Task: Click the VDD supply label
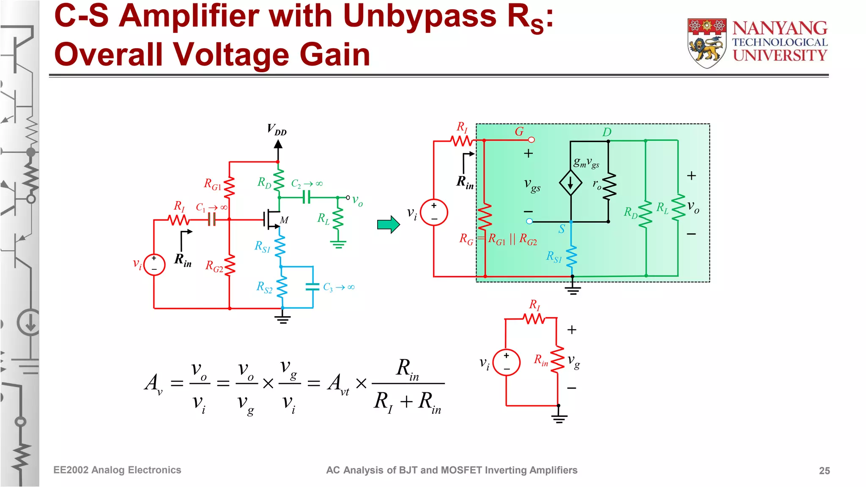click(x=277, y=129)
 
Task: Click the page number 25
click(x=824, y=471)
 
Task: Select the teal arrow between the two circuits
click(x=388, y=224)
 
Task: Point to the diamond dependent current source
click(x=570, y=183)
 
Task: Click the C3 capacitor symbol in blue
click(x=312, y=287)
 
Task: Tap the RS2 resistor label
click(x=264, y=287)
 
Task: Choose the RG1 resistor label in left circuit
click(x=213, y=184)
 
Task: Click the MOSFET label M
click(x=284, y=220)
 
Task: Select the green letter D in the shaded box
click(x=607, y=132)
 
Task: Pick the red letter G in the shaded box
click(x=519, y=131)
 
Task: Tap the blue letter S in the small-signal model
click(x=562, y=229)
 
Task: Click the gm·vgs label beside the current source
click(x=586, y=162)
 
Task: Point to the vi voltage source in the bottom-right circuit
click(x=506, y=363)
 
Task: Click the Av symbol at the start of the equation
click(x=153, y=383)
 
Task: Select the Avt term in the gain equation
click(x=338, y=384)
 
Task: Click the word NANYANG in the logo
click(x=780, y=28)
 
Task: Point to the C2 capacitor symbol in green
click(x=307, y=197)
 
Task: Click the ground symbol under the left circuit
click(x=282, y=319)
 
